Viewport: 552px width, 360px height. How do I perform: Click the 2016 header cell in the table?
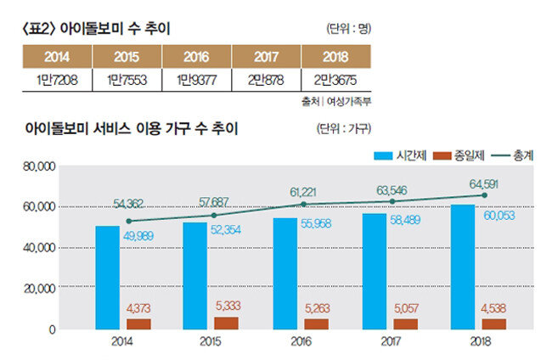[196, 58]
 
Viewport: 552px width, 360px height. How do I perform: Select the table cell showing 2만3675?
[335, 79]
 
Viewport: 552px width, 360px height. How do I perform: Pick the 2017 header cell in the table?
[265, 58]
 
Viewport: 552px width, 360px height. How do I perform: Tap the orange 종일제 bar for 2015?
[227, 322]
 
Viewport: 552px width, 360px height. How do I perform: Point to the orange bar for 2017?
[405, 323]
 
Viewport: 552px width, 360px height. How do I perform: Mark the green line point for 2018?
[484, 194]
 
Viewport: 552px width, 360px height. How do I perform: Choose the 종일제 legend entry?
[458, 155]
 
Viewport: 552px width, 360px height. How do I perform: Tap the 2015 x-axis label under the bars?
[211, 345]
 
